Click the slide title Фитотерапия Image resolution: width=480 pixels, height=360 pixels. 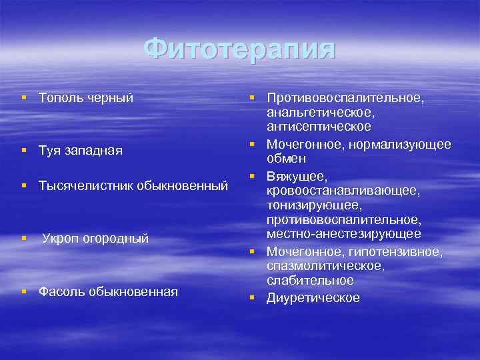point(239,50)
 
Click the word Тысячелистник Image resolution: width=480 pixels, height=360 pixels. point(85,185)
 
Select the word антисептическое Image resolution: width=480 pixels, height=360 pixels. point(319,126)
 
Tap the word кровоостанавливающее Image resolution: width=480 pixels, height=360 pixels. point(343,191)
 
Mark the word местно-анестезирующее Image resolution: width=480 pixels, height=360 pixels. point(343,233)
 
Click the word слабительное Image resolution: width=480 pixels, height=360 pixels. point(310,279)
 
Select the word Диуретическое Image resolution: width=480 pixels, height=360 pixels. point(313,298)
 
